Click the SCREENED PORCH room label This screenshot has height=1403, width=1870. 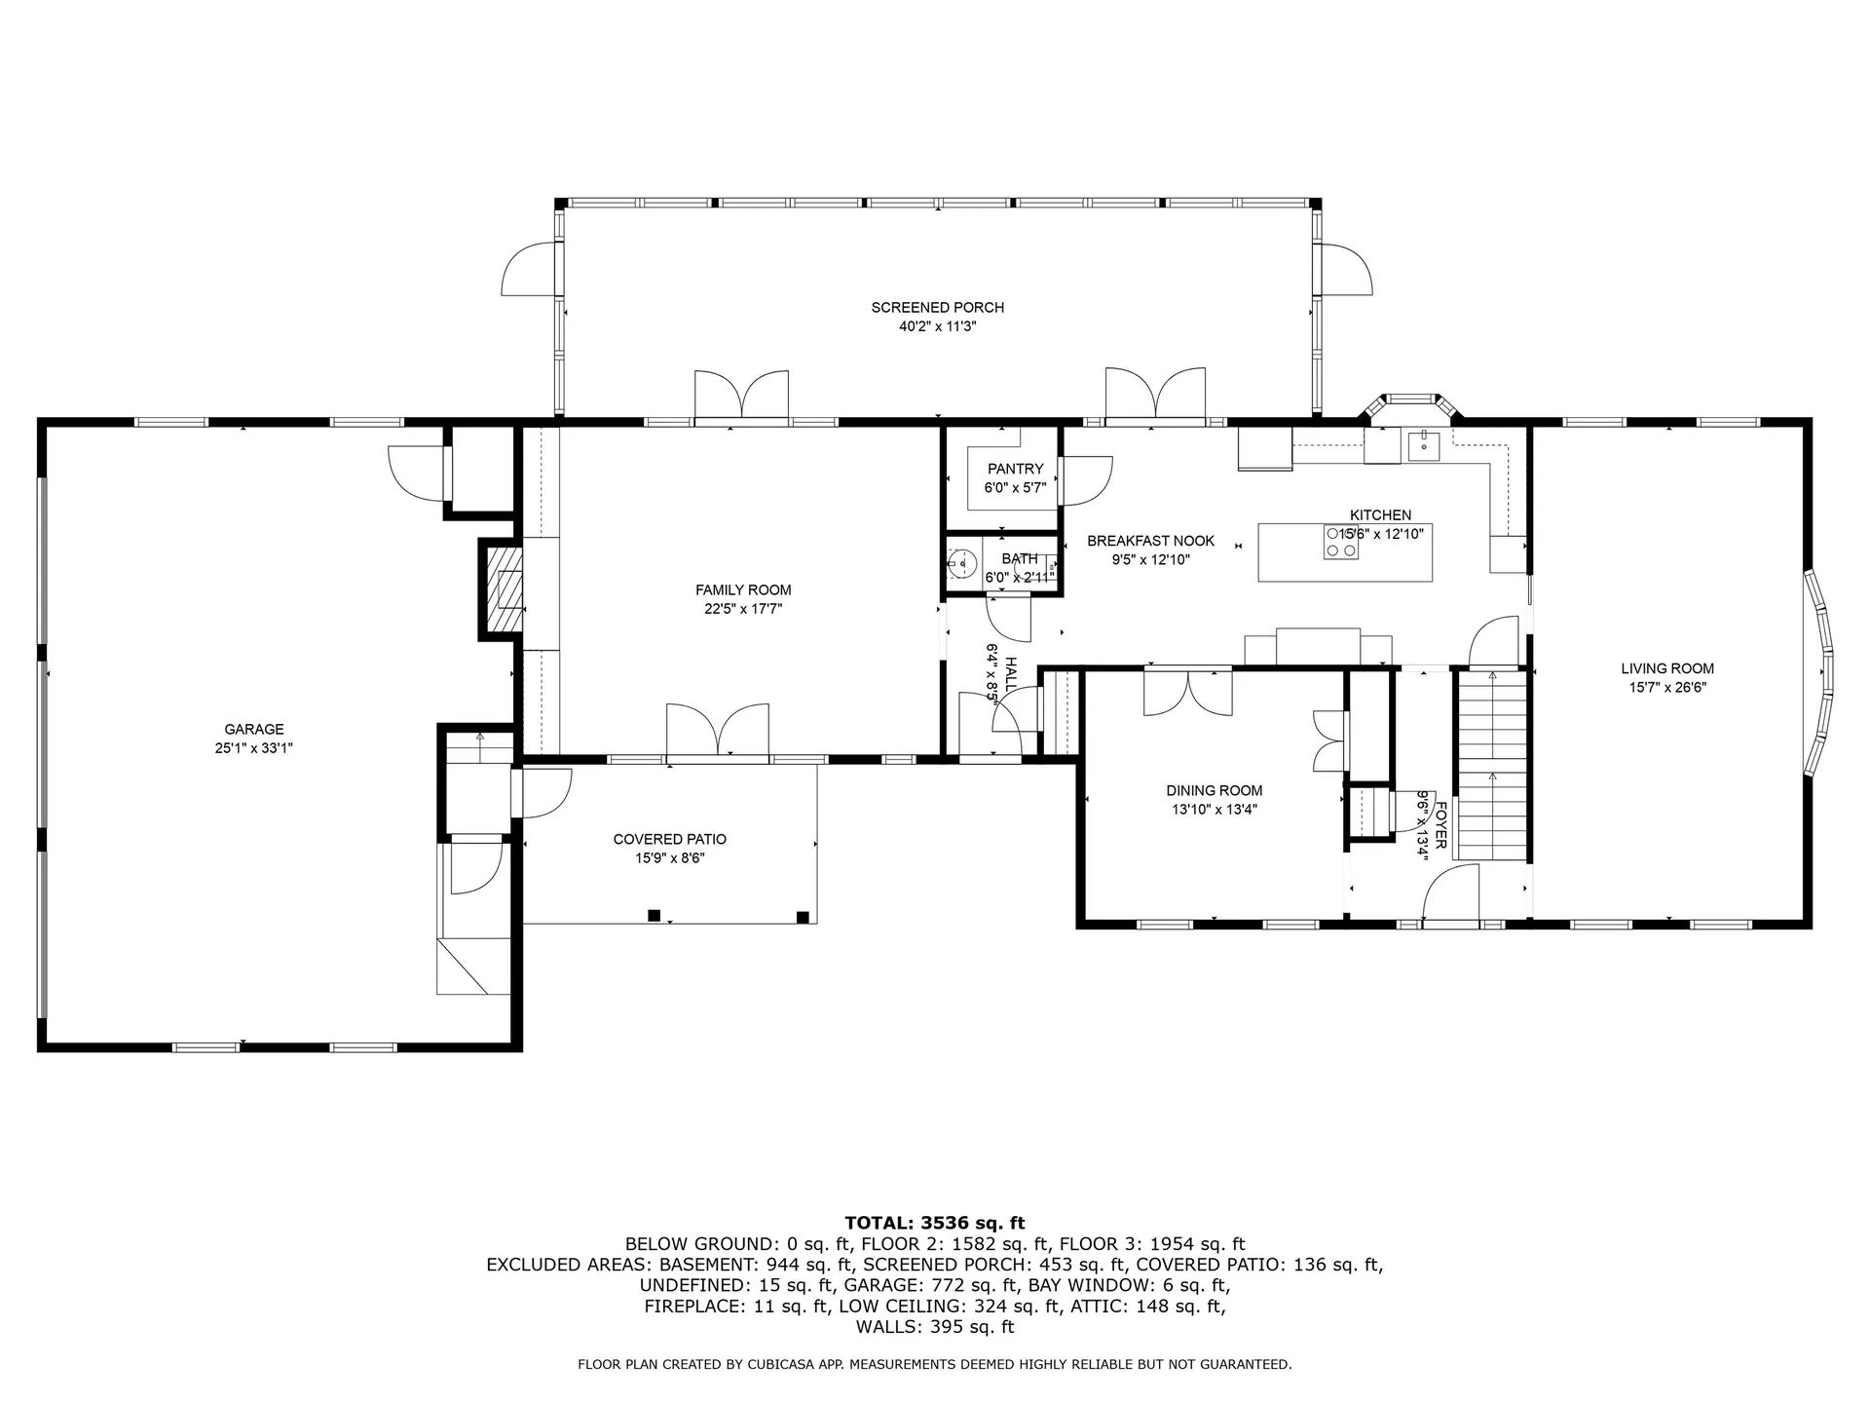pyautogui.click(x=937, y=308)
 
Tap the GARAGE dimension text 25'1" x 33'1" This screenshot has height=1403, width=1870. pyautogui.click(x=254, y=748)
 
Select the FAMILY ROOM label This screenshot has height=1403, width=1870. pyautogui.click(x=743, y=589)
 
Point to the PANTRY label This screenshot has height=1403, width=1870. pyautogui.click(x=1015, y=469)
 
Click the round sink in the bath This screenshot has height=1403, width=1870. pyautogui.click(x=963, y=562)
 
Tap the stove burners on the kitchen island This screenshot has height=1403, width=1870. pyautogui.click(x=1340, y=542)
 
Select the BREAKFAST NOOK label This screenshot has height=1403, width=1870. pyautogui.click(x=1150, y=541)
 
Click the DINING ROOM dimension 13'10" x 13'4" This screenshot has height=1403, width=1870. pyautogui.click(x=1215, y=810)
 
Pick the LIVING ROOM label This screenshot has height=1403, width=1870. pyautogui.click(x=1667, y=668)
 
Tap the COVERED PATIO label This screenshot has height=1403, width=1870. pyautogui.click(x=670, y=839)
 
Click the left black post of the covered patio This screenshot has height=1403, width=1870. pyautogui.click(x=654, y=915)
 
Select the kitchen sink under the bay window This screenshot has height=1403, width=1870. pyautogui.click(x=1423, y=444)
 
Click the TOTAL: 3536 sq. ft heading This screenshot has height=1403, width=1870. pyautogui.click(x=935, y=1223)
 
